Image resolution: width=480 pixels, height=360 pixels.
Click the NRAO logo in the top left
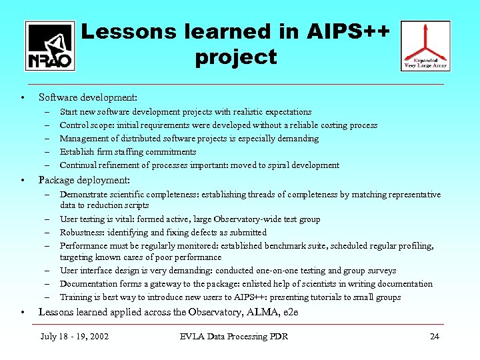pos(50,45)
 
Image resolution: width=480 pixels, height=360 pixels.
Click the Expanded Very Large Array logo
pos(425,45)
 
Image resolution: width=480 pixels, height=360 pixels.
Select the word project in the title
pos(235,57)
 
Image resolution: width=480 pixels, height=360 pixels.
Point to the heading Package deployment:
pos(84,180)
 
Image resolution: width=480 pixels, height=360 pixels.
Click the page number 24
pos(434,336)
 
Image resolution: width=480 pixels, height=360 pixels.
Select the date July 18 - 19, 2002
pos(74,336)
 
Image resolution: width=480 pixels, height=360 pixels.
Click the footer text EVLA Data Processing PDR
pos(233,336)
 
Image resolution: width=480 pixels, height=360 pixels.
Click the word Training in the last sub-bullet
pos(75,297)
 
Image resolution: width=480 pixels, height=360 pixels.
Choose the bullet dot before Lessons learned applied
pos(23,312)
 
